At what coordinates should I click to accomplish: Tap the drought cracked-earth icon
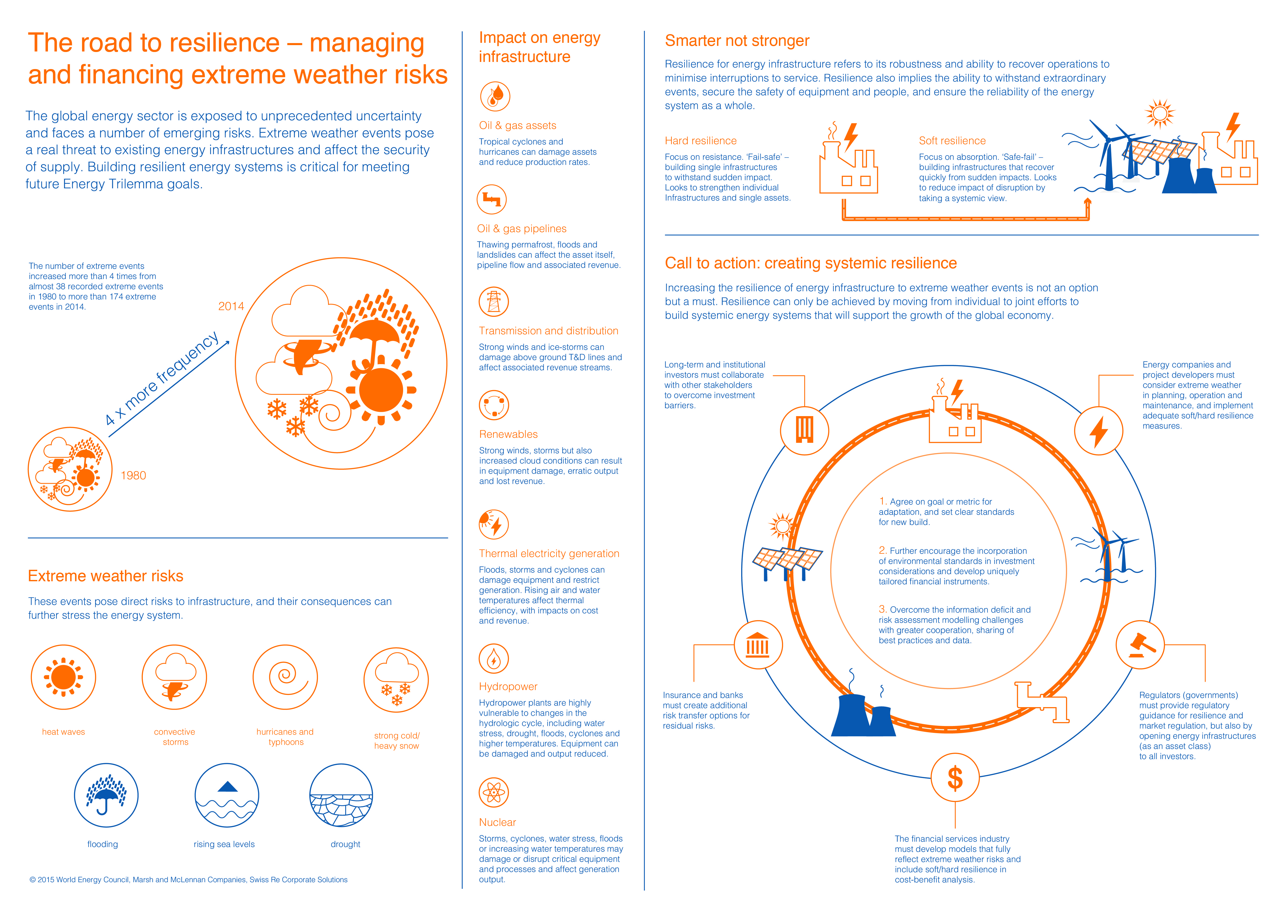pyautogui.click(x=341, y=795)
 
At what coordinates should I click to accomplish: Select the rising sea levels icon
pyautogui.click(x=227, y=795)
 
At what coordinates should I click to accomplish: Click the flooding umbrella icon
pyautogui.click(x=106, y=795)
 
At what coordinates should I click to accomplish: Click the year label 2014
pyautogui.click(x=231, y=306)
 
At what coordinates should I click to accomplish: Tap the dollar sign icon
pyautogui.click(x=955, y=778)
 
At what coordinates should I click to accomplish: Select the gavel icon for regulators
pyautogui.click(x=1140, y=645)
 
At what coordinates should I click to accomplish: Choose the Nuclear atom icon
pyautogui.click(x=494, y=792)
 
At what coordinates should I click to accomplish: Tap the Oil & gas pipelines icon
pyautogui.click(x=492, y=199)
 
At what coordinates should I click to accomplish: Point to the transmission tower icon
pyautogui.click(x=494, y=301)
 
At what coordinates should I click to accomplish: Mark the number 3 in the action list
pyautogui.click(x=882, y=609)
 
